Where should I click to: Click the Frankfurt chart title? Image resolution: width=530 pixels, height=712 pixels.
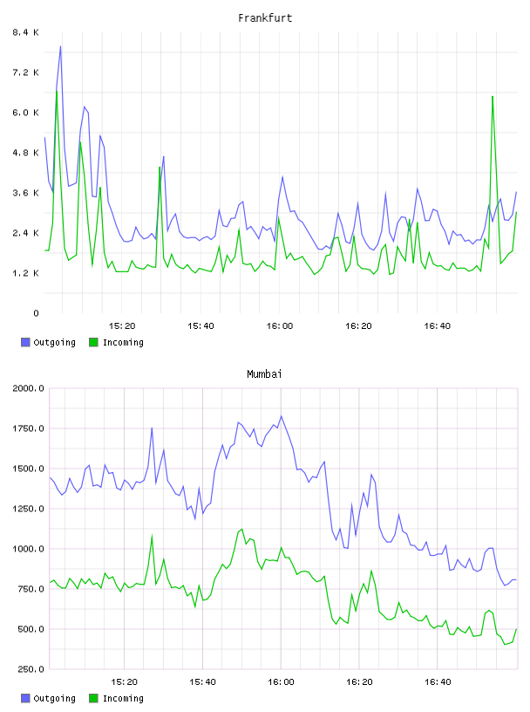[x=265, y=18]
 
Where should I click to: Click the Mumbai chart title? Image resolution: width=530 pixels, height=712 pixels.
[x=264, y=374]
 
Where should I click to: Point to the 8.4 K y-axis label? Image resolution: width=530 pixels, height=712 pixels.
[x=25, y=32]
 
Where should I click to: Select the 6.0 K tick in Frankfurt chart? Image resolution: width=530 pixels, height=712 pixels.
[x=25, y=113]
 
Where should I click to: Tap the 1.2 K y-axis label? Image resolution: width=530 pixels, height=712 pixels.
[x=25, y=273]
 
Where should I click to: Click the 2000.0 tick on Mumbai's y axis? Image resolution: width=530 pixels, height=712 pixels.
[x=28, y=388]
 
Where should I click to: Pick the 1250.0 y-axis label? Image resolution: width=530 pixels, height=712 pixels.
[x=28, y=509]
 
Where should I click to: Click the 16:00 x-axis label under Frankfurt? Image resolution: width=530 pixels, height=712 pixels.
[x=280, y=326]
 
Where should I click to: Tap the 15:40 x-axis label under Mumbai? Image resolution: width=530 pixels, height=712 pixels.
[x=202, y=682]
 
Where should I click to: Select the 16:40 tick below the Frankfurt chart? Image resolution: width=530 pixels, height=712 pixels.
[x=438, y=326]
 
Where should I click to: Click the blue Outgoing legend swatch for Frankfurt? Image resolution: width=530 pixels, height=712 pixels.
[x=25, y=342]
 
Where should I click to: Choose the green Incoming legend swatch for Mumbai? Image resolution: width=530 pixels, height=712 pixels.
[x=93, y=698]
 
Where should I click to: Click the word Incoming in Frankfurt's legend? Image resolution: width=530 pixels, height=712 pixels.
[x=123, y=342]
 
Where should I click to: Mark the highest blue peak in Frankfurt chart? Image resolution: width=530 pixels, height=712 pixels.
[x=60, y=46]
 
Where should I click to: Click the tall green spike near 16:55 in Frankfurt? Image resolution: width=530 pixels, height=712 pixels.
[x=493, y=96]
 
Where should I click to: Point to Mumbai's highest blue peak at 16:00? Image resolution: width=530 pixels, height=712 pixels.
[x=281, y=416]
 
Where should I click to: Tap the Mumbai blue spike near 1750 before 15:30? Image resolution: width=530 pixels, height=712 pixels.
[x=152, y=428]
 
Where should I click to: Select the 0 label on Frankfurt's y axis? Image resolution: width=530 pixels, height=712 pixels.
[x=36, y=313]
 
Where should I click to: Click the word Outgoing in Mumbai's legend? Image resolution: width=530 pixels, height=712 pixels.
[x=54, y=698]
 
